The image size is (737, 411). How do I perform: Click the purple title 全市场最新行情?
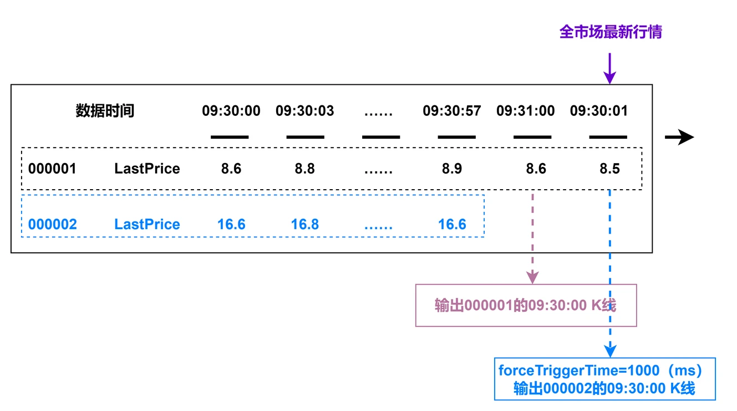point(610,32)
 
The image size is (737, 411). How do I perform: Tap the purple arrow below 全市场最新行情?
point(610,69)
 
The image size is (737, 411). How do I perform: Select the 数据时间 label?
point(105,111)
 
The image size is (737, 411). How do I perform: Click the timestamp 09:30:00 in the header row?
point(231,111)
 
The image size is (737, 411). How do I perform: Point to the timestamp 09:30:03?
point(304,111)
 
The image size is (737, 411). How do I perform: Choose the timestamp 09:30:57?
point(451,111)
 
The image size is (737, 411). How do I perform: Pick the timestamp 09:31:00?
point(525,111)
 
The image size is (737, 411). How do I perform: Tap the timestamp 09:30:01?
point(599,111)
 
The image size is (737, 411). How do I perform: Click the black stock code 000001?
point(52,169)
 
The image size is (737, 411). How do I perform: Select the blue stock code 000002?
point(52,225)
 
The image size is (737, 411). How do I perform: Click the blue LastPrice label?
point(147,225)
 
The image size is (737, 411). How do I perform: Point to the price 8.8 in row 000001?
point(304,169)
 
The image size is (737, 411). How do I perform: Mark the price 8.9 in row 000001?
point(451,169)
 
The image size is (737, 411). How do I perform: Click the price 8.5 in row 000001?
point(609,169)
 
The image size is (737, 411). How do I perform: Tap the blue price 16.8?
point(304,225)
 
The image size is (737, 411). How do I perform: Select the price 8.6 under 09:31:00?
point(536,169)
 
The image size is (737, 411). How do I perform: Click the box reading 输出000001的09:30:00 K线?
point(526,306)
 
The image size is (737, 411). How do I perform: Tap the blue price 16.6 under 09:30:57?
point(451,225)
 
